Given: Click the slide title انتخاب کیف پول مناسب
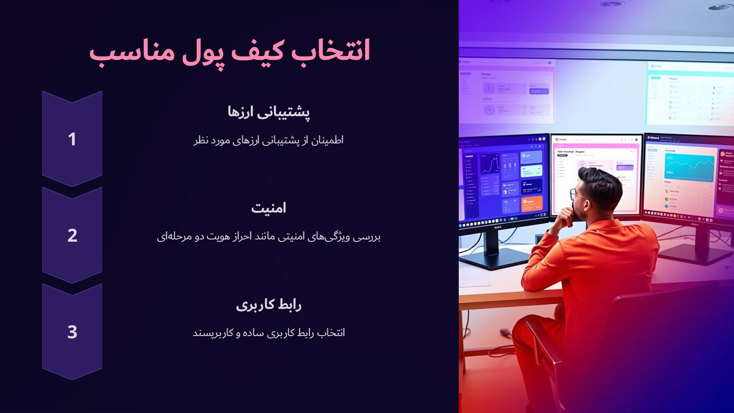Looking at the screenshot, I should click(x=229, y=51).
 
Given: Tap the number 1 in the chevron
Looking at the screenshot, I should click(x=72, y=139).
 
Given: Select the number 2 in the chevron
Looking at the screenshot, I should click(x=72, y=235).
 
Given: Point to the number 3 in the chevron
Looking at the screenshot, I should click(x=72, y=332).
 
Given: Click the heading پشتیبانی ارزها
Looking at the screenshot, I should click(x=269, y=112).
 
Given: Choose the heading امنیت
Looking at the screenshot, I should click(x=269, y=208).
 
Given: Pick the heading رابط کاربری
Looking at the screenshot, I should click(x=269, y=304).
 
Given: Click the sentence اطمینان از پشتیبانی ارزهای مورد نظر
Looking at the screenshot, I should click(x=269, y=141).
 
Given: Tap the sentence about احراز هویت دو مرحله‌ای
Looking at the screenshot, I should click(x=269, y=237).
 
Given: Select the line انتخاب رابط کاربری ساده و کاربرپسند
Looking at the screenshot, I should click(x=269, y=333).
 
